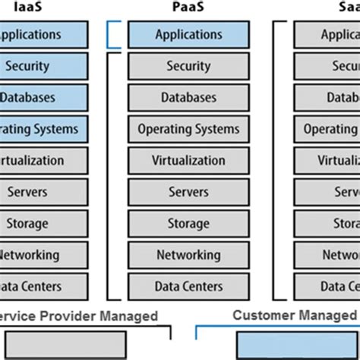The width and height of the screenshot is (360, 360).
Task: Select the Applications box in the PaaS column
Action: pyautogui.click(x=188, y=35)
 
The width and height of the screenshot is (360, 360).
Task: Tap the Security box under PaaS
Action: pyautogui.click(x=188, y=67)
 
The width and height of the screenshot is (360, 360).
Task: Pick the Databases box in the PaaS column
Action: pyautogui.click(x=188, y=98)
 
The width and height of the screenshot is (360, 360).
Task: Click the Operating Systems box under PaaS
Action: pyautogui.click(x=188, y=129)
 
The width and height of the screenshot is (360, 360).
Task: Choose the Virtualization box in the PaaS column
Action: pyautogui.click(x=188, y=161)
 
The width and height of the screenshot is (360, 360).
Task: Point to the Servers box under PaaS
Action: pyautogui.click(x=188, y=192)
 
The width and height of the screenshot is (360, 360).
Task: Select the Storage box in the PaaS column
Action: pyautogui.click(x=188, y=223)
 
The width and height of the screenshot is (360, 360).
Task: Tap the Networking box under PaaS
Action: pyautogui.click(x=188, y=255)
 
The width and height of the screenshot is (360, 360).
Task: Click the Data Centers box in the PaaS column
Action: pyautogui.click(x=188, y=286)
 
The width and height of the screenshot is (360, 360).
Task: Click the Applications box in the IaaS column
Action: pyautogui.click(x=38, y=35)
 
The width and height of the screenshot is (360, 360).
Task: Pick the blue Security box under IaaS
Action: pyautogui.click(x=38, y=67)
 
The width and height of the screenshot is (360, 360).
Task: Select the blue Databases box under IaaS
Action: pyautogui.click(x=38, y=98)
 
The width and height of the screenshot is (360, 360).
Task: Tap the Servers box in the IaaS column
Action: pyautogui.click(x=38, y=192)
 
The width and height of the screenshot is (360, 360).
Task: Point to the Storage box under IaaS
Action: pyautogui.click(x=38, y=223)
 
